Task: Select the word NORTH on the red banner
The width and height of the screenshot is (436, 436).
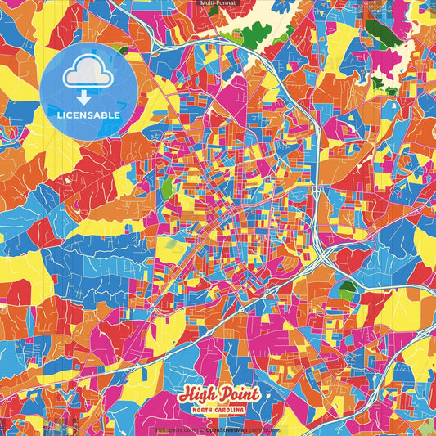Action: coord(206,410)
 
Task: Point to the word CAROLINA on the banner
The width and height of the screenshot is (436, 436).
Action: coord(234,410)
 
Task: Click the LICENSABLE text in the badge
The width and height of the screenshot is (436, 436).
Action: coord(88,115)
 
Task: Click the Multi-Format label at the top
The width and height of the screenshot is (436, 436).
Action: coord(218,4)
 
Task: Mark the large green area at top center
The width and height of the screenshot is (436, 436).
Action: coord(255,34)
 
